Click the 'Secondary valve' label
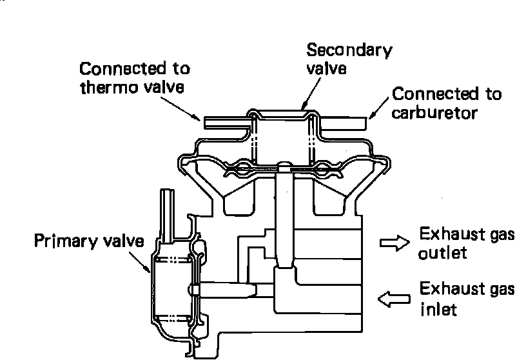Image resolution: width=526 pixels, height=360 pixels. (x=349, y=59)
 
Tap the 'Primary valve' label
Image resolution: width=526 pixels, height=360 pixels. (x=89, y=241)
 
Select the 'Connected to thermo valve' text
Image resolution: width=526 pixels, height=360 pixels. (x=135, y=78)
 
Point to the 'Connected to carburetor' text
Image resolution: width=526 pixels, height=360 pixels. (x=447, y=103)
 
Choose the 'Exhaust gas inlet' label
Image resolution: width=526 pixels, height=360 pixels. (x=467, y=299)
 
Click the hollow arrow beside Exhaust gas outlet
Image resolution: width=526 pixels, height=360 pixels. (x=394, y=243)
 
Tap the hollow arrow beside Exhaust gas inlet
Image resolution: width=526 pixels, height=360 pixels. (x=394, y=299)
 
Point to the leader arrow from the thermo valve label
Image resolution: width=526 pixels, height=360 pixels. (x=180, y=109)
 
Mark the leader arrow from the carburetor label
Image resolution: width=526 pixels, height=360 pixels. (x=379, y=108)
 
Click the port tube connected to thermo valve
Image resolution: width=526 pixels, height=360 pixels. (x=227, y=123)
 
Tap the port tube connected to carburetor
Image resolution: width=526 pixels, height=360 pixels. (x=342, y=123)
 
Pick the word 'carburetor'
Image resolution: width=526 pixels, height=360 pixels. (x=434, y=112)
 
